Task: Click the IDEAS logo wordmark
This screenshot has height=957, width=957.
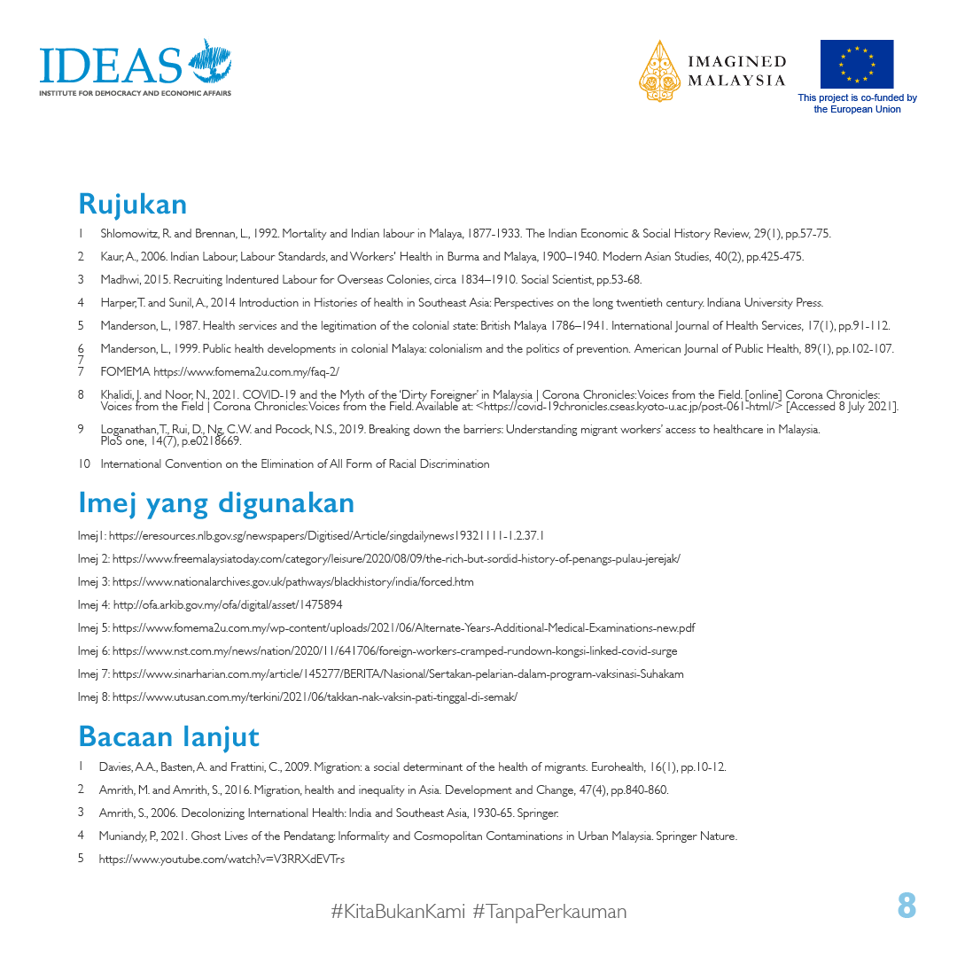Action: (x=111, y=66)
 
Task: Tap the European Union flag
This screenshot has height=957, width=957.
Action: (x=856, y=64)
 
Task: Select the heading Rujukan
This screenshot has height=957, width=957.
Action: (x=133, y=204)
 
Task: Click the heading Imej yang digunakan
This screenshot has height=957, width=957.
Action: (x=216, y=503)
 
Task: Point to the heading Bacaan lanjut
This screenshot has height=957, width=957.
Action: (x=168, y=736)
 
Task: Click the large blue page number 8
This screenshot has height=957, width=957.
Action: (x=906, y=906)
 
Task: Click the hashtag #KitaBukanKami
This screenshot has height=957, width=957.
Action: (x=398, y=911)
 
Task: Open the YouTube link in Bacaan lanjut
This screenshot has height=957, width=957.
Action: (x=222, y=859)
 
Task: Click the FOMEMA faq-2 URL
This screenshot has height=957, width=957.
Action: (x=246, y=372)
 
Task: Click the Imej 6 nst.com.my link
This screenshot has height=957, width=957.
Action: (x=394, y=651)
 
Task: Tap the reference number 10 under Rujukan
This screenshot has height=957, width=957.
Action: (x=84, y=464)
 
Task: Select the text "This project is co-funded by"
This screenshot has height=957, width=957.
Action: (x=857, y=98)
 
